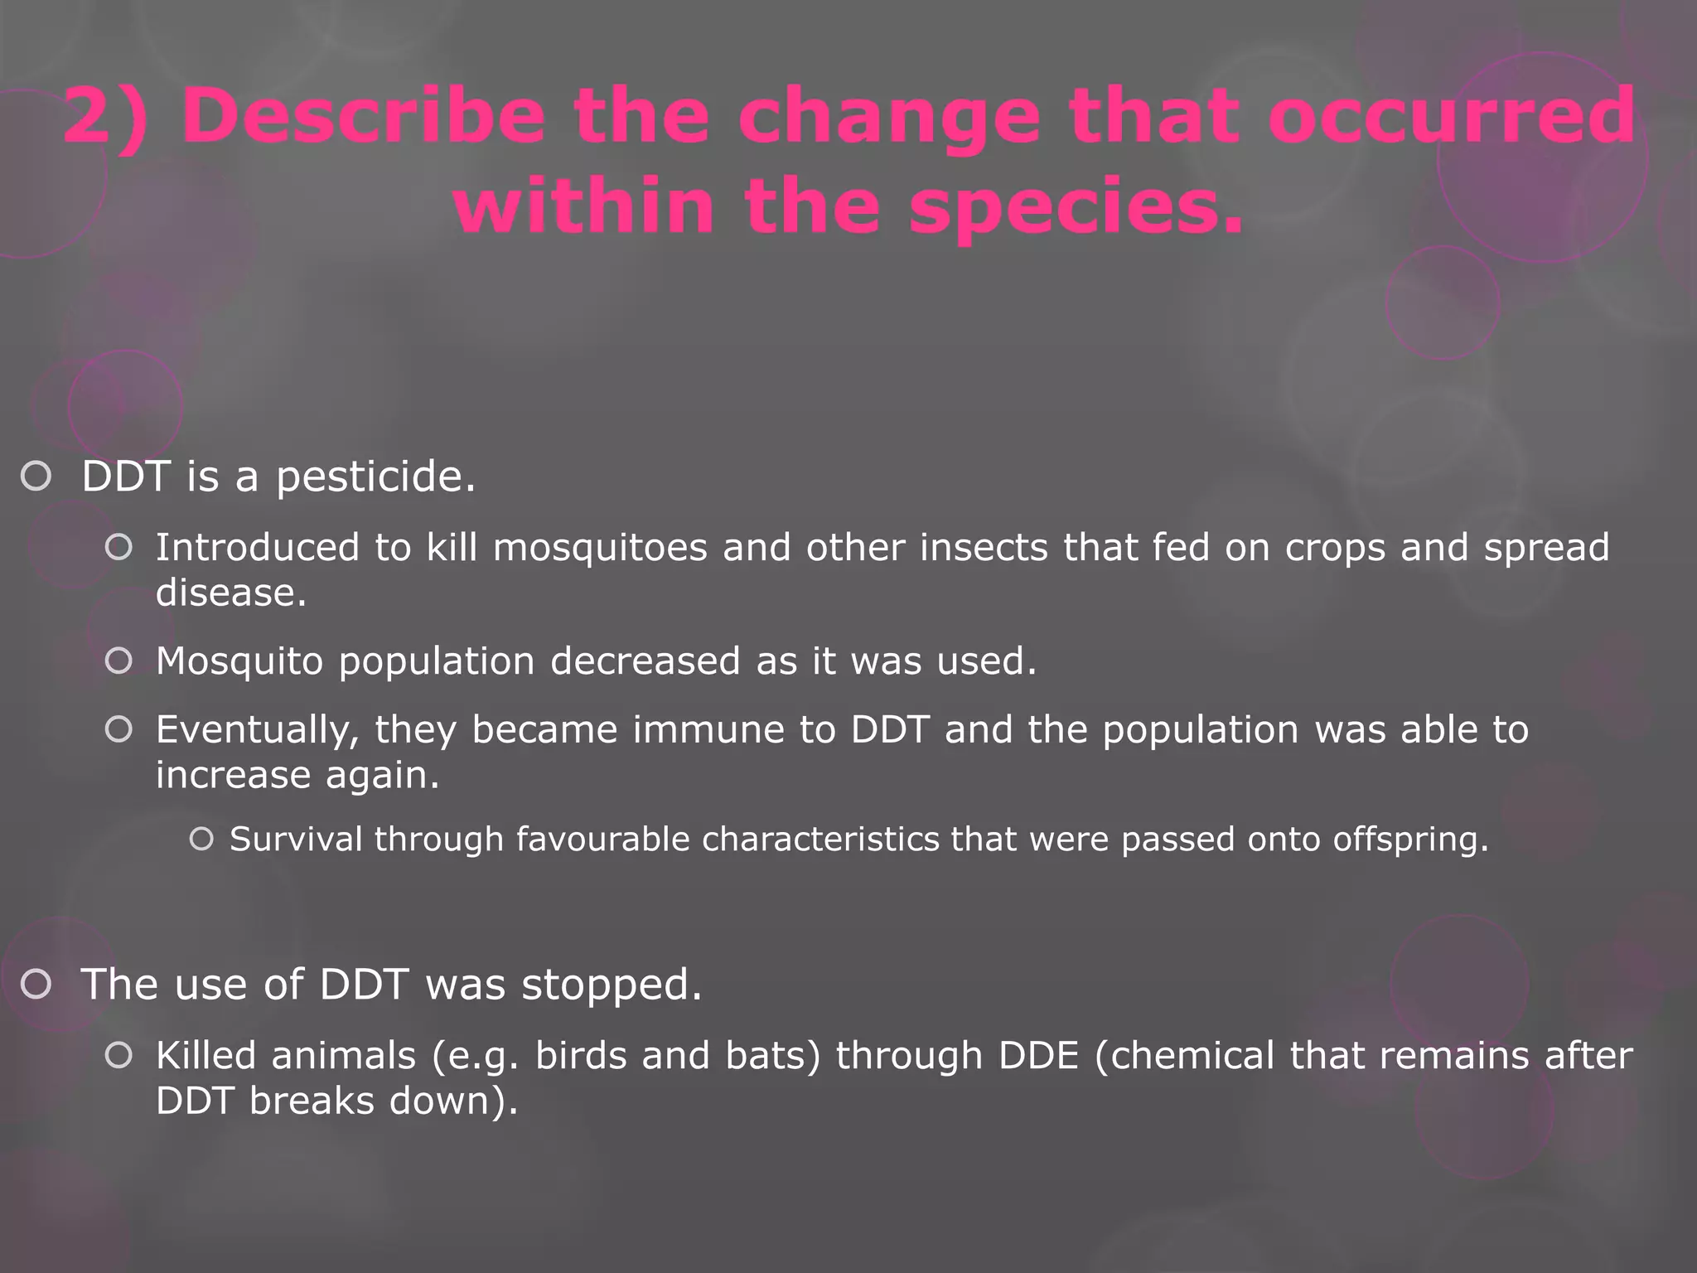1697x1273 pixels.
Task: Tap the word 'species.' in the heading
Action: (x=1076, y=207)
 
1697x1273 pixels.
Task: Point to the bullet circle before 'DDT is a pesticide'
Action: (x=36, y=477)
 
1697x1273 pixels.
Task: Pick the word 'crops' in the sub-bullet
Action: (x=1335, y=548)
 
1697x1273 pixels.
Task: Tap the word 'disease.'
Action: (x=231, y=593)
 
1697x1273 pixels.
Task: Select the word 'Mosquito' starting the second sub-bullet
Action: (x=239, y=661)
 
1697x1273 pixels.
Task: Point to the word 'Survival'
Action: (x=296, y=840)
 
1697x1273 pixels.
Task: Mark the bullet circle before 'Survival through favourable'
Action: (x=201, y=840)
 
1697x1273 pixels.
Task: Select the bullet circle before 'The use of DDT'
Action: (x=36, y=985)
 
